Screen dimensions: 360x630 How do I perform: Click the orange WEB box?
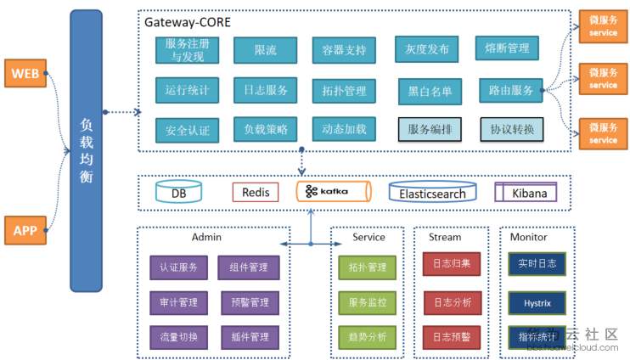[25, 74]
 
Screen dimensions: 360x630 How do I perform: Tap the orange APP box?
[25, 229]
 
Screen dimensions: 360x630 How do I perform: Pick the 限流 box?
[265, 50]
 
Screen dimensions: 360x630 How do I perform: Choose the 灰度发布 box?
[427, 49]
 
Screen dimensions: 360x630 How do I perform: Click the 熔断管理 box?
[507, 49]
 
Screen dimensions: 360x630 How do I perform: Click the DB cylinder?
[179, 193]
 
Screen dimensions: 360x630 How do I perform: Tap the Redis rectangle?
[256, 192]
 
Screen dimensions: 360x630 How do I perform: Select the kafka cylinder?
[334, 191]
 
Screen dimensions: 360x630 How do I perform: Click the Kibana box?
[529, 192]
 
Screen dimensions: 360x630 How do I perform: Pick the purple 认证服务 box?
[178, 267]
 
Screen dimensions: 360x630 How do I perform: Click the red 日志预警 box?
[452, 337]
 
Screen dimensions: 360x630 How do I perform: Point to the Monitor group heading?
[529, 238]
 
